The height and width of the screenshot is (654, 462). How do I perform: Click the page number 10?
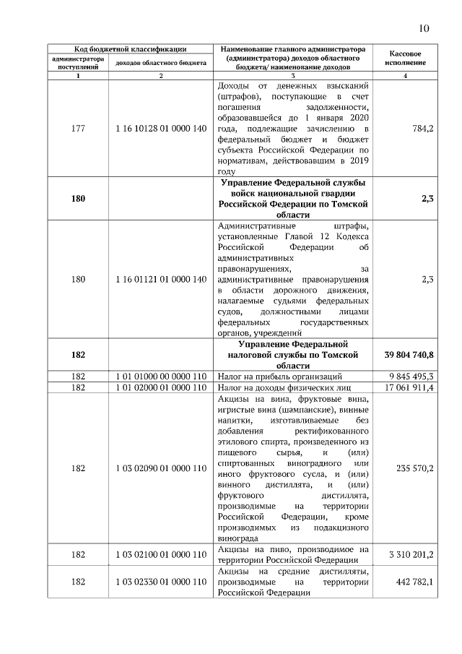pyautogui.click(x=424, y=28)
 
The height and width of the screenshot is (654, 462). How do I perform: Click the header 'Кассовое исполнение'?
pyautogui.click(x=405, y=59)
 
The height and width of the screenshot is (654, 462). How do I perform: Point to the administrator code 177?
pyautogui.click(x=78, y=128)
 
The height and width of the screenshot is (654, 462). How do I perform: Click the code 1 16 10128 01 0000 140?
pyautogui.click(x=161, y=128)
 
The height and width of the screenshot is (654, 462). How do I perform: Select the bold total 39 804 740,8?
pyautogui.click(x=406, y=355)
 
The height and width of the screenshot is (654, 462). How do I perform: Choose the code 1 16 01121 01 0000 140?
pyautogui.click(x=161, y=279)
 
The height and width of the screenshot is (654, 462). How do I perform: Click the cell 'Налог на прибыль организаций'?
pyautogui.click(x=279, y=377)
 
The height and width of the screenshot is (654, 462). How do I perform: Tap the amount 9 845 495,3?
pyautogui.click(x=411, y=377)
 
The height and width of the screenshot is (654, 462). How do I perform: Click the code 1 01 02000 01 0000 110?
pyautogui.click(x=161, y=388)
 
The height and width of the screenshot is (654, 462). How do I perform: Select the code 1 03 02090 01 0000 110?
pyautogui.click(x=161, y=468)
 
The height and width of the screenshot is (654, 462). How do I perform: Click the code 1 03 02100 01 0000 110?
pyautogui.click(x=161, y=555)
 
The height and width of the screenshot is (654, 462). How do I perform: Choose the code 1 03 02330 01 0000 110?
pyautogui.click(x=161, y=582)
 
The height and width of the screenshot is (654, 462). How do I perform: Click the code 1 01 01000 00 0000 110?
pyautogui.click(x=161, y=377)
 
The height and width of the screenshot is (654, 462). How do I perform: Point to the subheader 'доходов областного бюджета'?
pyautogui.click(x=161, y=64)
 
